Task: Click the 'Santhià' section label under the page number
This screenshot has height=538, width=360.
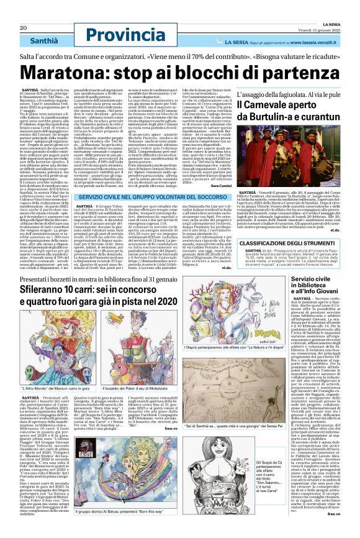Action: (x=30, y=38)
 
